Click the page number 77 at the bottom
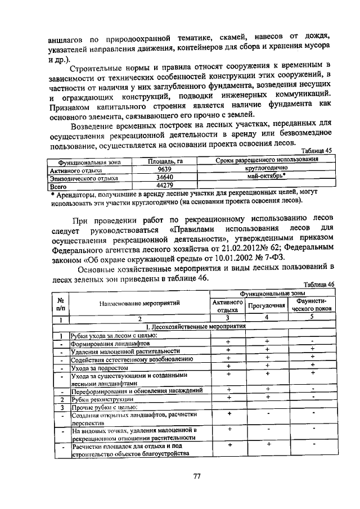coord(197,476)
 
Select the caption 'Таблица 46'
coord(318,285)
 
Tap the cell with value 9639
coord(164,168)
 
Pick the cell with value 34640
coord(164,177)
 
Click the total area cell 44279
coord(164,184)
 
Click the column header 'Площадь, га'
coord(165,161)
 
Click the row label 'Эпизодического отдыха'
coord(84,177)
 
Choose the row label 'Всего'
coord(58,185)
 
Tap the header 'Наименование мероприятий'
coord(139,303)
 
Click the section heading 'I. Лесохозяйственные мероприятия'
coord(195,326)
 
